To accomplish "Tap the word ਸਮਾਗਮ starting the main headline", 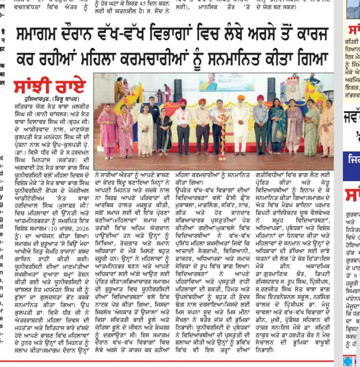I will (40, 36).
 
